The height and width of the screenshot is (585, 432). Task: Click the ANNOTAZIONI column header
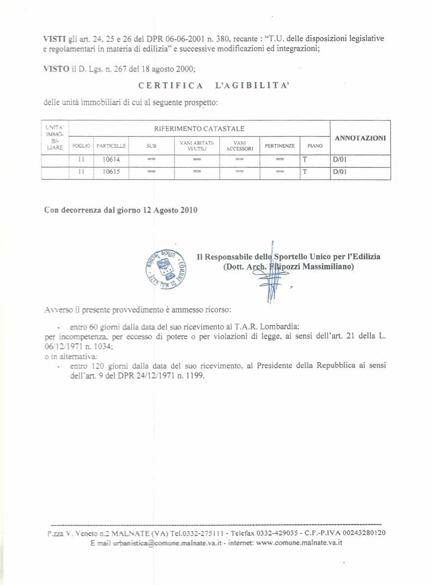click(360, 138)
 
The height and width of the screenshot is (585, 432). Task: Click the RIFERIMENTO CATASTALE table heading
click(199, 129)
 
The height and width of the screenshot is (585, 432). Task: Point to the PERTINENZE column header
click(279, 146)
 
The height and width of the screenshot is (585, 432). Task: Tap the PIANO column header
click(315, 146)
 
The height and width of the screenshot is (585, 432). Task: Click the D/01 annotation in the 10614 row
click(339, 159)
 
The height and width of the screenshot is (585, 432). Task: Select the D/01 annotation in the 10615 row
click(339, 172)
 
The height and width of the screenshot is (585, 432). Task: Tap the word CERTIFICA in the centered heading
click(171, 86)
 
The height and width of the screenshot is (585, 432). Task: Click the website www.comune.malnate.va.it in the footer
click(299, 543)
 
